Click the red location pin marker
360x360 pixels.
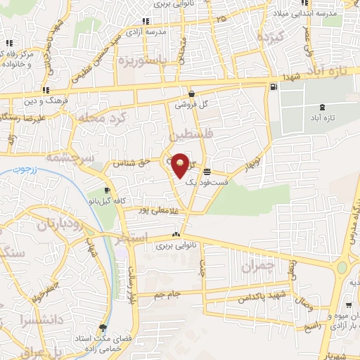pyautogui.click(x=180, y=164)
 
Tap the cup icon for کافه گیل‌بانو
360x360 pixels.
pyautogui.click(x=106, y=191)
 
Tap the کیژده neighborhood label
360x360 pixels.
pyautogui.click(x=269, y=37)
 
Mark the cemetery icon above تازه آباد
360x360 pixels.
pyautogui.click(x=321, y=107)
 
